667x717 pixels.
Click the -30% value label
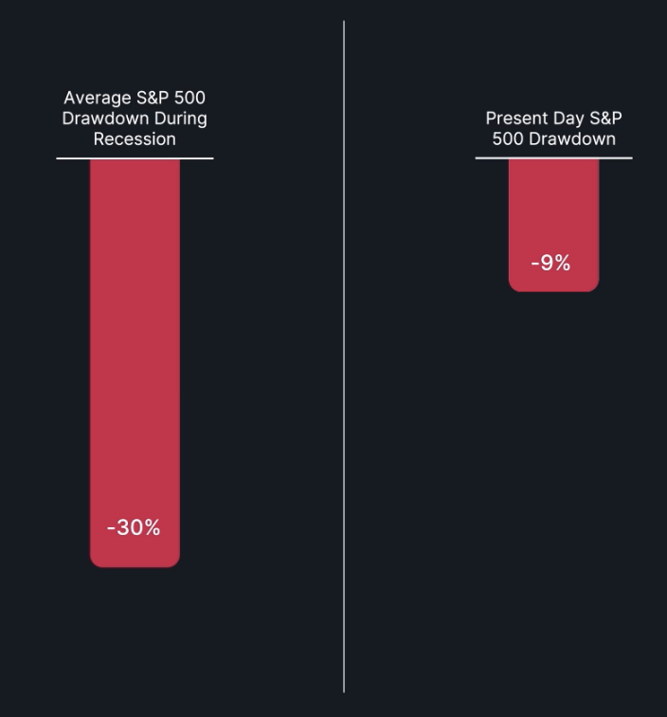[x=134, y=528]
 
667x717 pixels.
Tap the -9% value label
[x=550, y=264]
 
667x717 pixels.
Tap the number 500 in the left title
[x=189, y=99]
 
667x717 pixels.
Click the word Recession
[x=135, y=139]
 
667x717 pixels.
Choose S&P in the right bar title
[x=605, y=119]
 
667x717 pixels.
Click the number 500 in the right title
[x=506, y=139]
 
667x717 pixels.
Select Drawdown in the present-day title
[x=570, y=139]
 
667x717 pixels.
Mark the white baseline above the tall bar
[x=135, y=158]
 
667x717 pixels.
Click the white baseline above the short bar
[x=553, y=158]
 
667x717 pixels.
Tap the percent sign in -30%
[x=152, y=528]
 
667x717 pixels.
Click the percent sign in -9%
[x=562, y=264]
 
